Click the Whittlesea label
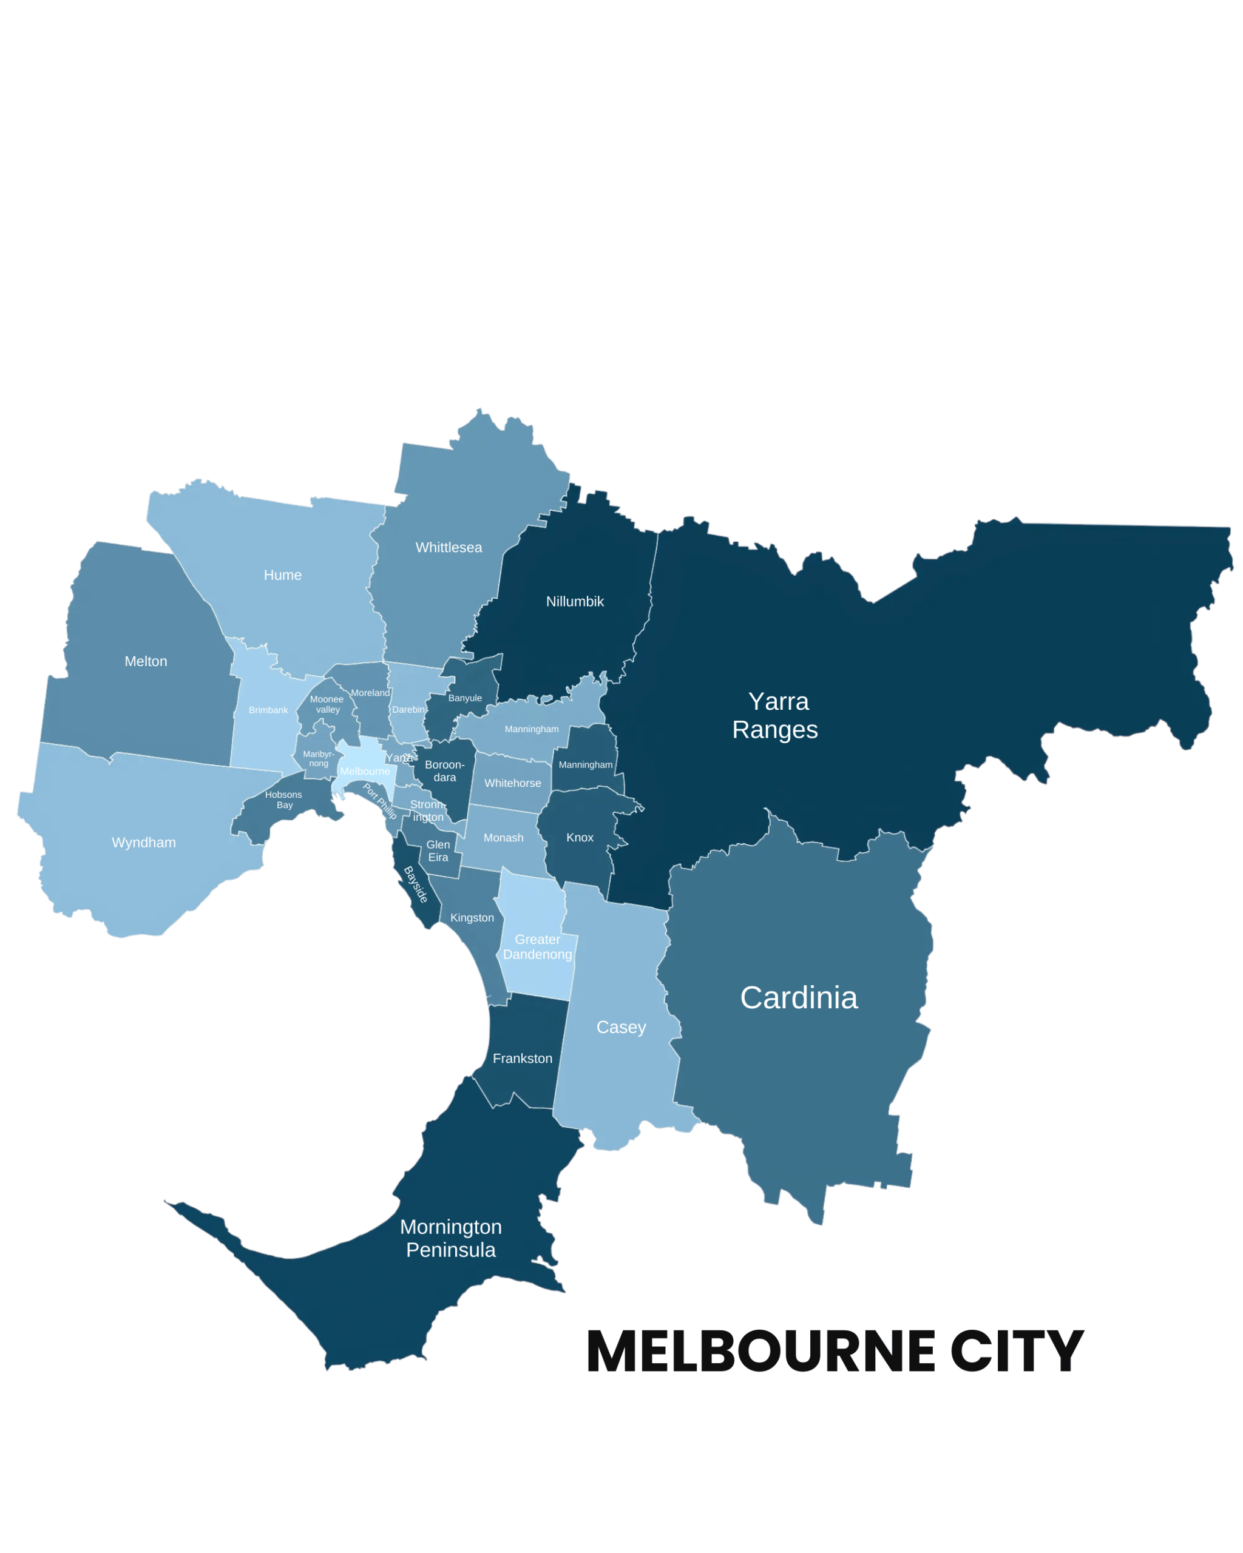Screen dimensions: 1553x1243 tap(448, 547)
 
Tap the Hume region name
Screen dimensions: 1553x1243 tap(282, 575)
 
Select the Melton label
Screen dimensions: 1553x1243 tap(146, 661)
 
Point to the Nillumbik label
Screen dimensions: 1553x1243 tap(574, 601)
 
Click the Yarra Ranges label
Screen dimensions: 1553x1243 tap(776, 715)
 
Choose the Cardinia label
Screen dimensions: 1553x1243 tap(798, 999)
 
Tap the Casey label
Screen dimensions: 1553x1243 tap(621, 1027)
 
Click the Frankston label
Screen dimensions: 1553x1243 tap(523, 1058)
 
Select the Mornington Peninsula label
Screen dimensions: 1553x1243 tap(451, 1238)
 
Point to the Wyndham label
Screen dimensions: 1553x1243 tap(143, 842)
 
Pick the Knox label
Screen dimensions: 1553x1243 tap(580, 837)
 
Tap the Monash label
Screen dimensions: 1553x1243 tap(503, 838)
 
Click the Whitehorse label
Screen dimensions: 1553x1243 tap(512, 783)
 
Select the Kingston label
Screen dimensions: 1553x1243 tap(472, 918)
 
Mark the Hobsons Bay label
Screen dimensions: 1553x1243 tap(284, 800)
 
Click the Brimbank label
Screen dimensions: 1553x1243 tap(268, 710)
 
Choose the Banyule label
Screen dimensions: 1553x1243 tap(465, 698)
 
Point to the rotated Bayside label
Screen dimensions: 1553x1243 tap(416, 884)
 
